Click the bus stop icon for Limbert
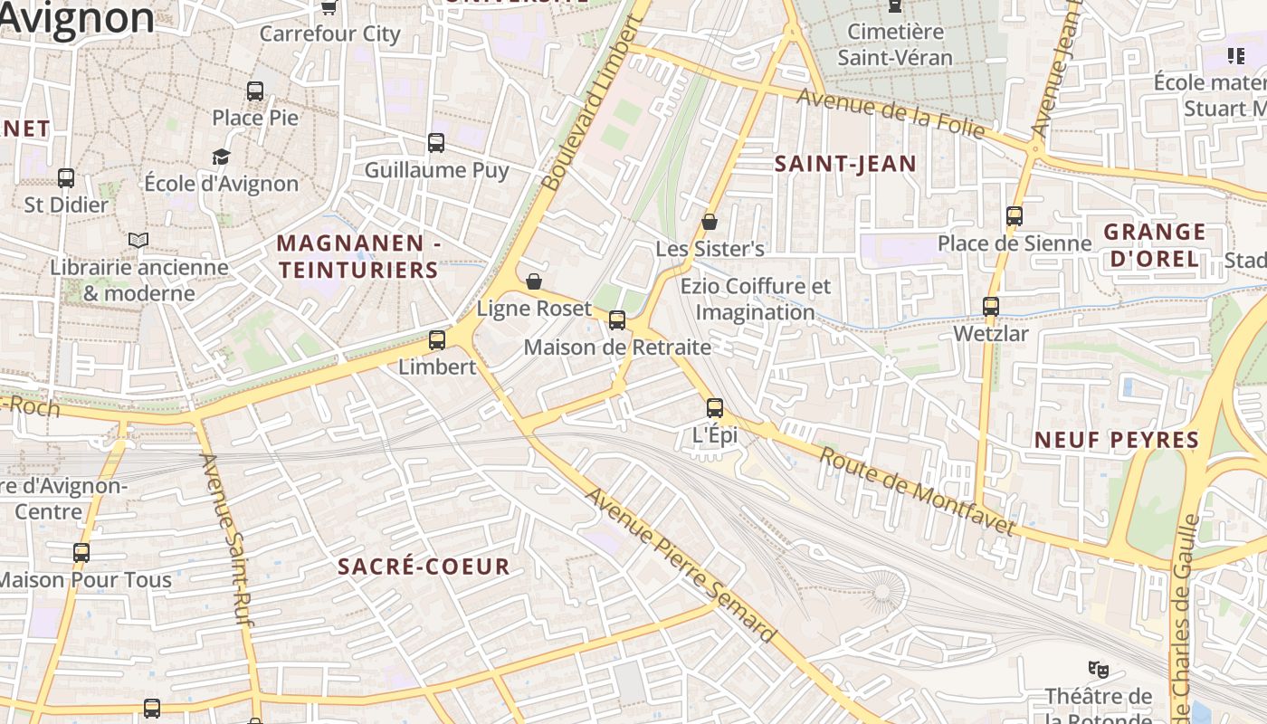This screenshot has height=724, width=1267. coord(437,340)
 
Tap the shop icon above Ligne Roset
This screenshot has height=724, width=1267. coord(534,281)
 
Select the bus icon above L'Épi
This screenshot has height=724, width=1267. coord(715,408)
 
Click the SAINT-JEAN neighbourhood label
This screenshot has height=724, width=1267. coord(846,164)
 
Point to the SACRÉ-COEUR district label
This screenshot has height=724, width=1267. coord(424,567)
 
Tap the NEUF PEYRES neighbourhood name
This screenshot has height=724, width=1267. coord(1117,441)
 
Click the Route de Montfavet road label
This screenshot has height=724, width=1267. coord(917,491)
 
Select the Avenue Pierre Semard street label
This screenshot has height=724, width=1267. coord(681,566)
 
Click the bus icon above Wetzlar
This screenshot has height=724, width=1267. coord(991,307)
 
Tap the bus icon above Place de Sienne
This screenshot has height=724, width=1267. coord(1015,216)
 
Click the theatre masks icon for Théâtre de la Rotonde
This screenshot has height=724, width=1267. coord(1099,670)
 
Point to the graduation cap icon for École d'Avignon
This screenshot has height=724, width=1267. coord(222,157)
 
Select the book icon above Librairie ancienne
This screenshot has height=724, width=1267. coord(138,240)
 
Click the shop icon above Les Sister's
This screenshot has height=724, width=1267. coord(710,222)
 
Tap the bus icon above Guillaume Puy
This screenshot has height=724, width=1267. coord(436,143)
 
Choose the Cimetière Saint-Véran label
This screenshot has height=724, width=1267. coord(894,44)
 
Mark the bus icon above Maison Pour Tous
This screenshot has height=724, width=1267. coord(81,553)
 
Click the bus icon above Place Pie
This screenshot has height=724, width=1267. coord(255,91)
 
